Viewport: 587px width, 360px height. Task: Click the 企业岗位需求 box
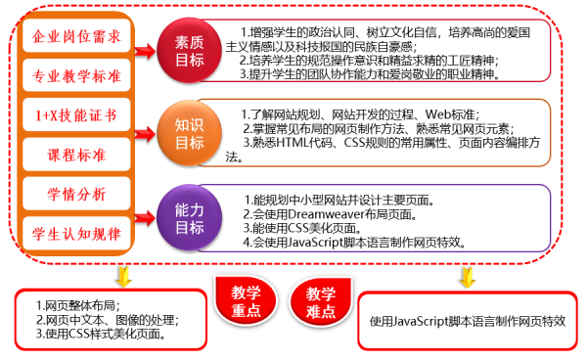coord(77,38)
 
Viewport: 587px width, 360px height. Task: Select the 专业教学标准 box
coord(77,74)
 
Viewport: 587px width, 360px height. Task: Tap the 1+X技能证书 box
coord(77,114)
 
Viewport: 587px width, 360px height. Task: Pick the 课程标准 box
coord(77,154)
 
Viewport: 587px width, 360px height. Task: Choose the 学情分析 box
coord(77,193)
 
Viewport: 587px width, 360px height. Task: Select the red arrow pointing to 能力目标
coord(148,208)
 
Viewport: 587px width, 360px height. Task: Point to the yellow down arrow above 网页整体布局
coord(122,275)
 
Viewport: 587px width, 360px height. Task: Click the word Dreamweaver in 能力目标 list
coord(319,214)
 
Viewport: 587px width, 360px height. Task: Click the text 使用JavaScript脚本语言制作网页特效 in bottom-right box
coord(467,320)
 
